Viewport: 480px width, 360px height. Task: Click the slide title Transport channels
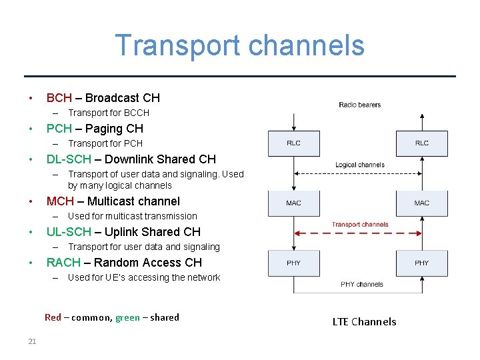click(240, 45)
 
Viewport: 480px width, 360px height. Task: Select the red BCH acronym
click(59, 98)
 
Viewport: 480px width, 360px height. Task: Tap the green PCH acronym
click(59, 129)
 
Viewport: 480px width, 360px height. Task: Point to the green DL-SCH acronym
click(69, 159)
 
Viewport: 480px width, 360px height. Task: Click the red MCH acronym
click(60, 201)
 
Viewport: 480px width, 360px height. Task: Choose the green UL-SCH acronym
click(69, 232)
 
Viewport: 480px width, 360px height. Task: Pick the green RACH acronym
click(63, 263)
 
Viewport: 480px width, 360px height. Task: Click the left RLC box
click(294, 143)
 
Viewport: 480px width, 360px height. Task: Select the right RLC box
click(422, 143)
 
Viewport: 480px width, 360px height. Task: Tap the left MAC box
click(294, 203)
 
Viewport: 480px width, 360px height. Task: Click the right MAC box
click(422, 203)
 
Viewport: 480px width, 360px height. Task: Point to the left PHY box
click(294, 263)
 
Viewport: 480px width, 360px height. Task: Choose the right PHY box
click(422, 263)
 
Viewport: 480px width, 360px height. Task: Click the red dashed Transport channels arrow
click(358, 233)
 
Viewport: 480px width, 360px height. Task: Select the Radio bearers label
click(360, 105)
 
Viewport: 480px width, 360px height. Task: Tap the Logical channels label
click(360, 165)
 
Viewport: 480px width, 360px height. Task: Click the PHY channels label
click(362, 284)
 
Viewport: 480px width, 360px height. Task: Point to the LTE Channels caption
click(364, 322)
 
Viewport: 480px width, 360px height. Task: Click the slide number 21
click(32, 341)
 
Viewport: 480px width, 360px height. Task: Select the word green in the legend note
click(127, 318)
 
